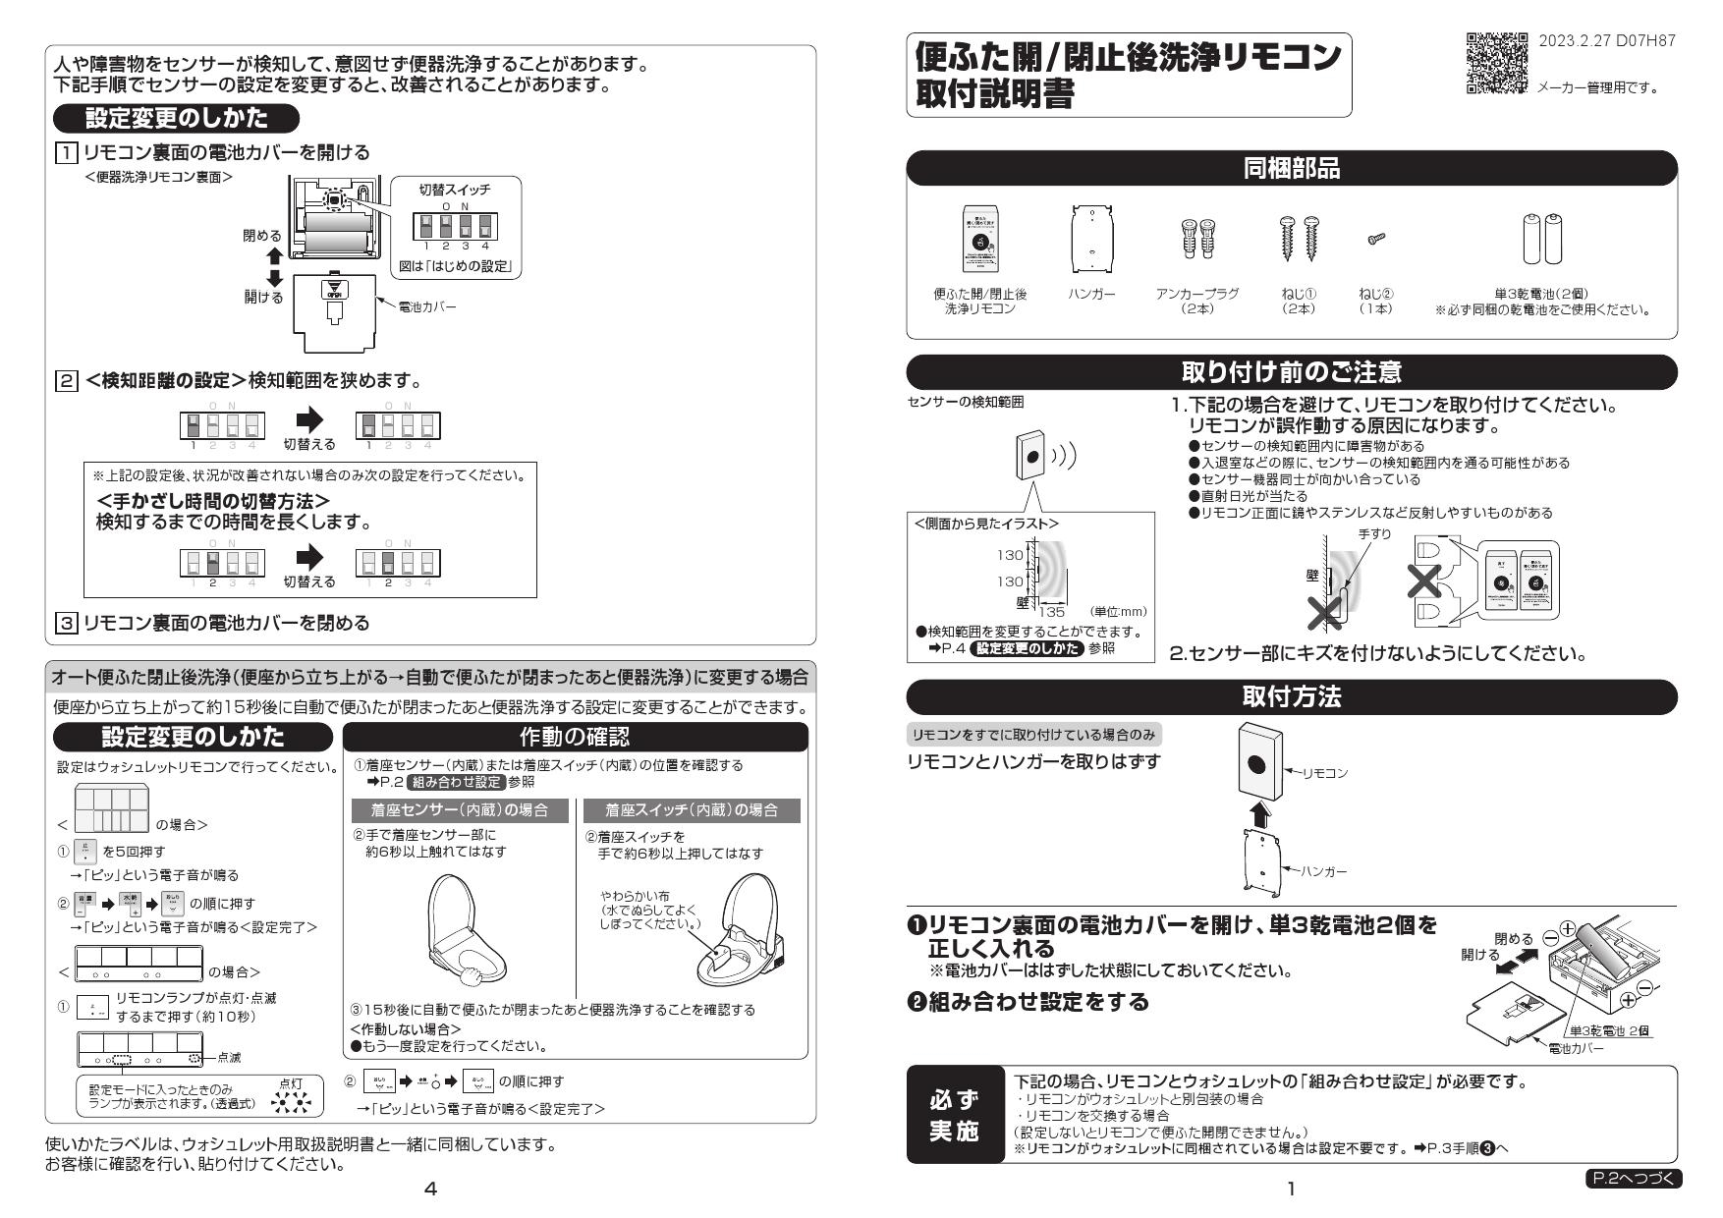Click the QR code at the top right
click(1496, 63)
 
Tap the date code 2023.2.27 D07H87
click(1606, 41)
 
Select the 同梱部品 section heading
click(1291, 169)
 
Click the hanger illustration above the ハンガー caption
click(1090, 240)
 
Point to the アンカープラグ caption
click(1196, 294)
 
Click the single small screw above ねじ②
click(1375, 239)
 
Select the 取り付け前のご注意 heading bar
click(1291, 372)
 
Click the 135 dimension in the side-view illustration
click(1051, 611)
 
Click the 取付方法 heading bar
click(1291, 696)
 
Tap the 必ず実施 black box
click(954, 1115)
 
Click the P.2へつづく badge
click(1633, 1178)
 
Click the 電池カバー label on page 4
click(426, 306)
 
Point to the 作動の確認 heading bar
click(575, 737)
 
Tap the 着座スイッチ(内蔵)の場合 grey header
click(692, 810)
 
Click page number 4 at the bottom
click(429, 1189)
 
